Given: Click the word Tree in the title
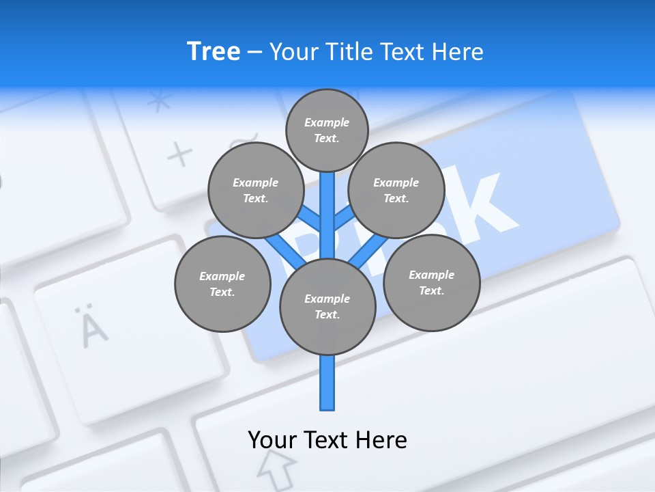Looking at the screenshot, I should pyautogui.click(x=214, y=51).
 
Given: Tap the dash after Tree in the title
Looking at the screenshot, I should pyautogui.click(x=254, y=52).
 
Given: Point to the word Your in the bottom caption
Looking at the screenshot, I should pyautogui.click(x=272, y=439).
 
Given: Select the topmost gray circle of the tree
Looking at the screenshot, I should pyautogui.click(x=327, y=130).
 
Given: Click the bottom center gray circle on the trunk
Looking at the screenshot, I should pyautogui.click(x=327, y=306).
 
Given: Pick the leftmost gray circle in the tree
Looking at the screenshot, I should pyautogui.click(x=222, y=284).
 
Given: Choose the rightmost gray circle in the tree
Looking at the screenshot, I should pyautogui.click(x=431, y=282).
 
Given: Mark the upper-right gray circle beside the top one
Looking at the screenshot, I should pyautogui.click(x=396, y=190).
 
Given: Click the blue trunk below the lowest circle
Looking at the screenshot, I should pyautogui.click(x=327, y=383).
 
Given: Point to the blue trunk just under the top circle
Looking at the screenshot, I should pyautogui.click(x=327, y=205).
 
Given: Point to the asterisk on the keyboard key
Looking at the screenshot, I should pyautogui.click(x=160, y=102).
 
